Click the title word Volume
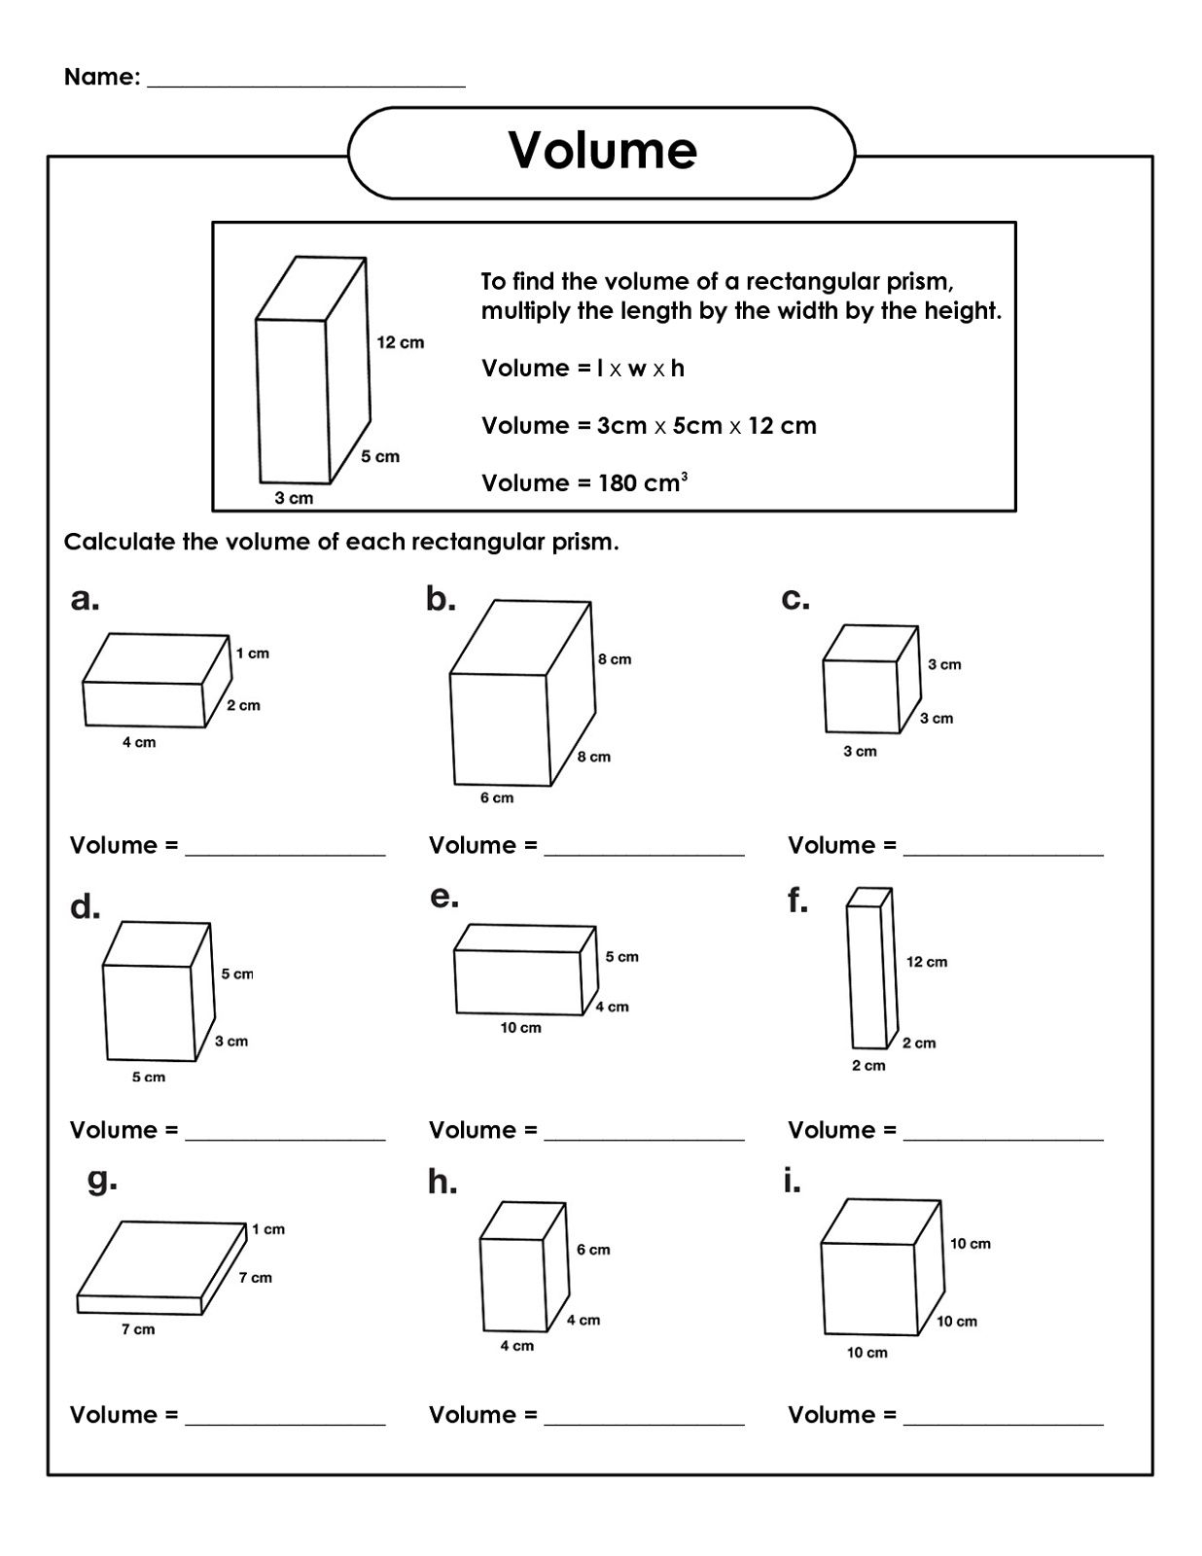[602, 151]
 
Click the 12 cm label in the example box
[401, 342]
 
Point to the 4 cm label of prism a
[139, 742]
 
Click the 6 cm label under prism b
[497, 797]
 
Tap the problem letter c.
[795, 599]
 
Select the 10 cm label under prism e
[521, 1027]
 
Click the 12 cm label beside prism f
[927, 962]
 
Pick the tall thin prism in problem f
[868, 969]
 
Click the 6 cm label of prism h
[593, 1250]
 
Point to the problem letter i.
[792, 1182]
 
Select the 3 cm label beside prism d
[231, 1041]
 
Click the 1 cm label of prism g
[268, 1229]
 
